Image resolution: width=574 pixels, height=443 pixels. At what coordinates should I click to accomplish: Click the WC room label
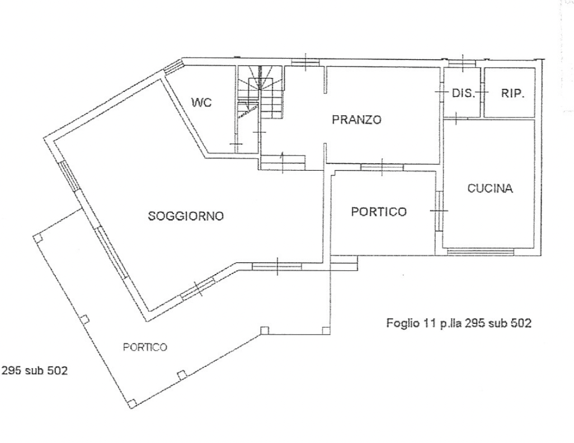tap(201, 102)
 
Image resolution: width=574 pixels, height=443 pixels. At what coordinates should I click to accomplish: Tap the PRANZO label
tap(356, 120)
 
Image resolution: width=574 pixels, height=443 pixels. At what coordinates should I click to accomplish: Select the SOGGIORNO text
tap(186, 216)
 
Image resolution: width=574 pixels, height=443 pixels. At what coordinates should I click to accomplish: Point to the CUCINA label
tap(490, 188)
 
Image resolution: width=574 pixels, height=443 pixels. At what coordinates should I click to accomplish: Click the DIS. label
tap(463, 93)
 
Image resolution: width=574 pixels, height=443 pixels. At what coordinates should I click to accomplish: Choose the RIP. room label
tap(512, 93)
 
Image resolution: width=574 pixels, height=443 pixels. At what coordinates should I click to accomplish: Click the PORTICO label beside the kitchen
tap(379, 211)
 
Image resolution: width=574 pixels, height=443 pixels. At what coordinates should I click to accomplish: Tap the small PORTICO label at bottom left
tap(145, 347)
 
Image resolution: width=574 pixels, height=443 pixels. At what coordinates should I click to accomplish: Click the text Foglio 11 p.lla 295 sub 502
tap(459, 323)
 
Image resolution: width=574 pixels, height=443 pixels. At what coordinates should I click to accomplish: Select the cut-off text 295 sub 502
tap(35, 370)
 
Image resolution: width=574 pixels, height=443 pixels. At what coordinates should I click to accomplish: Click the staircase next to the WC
tap(260, 93)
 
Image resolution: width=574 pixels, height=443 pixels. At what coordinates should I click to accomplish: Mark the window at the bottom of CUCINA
tap(480, 252)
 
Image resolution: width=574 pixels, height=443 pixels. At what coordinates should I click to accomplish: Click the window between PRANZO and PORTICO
tap(382, 167)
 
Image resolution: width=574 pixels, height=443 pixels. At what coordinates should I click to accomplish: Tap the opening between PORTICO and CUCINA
tap(439, 211)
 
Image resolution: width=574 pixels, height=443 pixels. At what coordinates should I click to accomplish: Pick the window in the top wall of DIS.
tap(462, 63)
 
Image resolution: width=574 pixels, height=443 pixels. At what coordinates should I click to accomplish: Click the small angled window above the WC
tap(173, 67)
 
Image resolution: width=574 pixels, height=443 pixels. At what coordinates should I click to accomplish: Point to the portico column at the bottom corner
tap(133, 403)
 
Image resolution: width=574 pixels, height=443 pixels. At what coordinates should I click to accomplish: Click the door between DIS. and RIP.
tap(482, 92)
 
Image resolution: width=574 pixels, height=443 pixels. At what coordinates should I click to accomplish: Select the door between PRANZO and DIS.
tap(441, 92)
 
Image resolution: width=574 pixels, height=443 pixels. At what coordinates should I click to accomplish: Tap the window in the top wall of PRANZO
tap(305, 63)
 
